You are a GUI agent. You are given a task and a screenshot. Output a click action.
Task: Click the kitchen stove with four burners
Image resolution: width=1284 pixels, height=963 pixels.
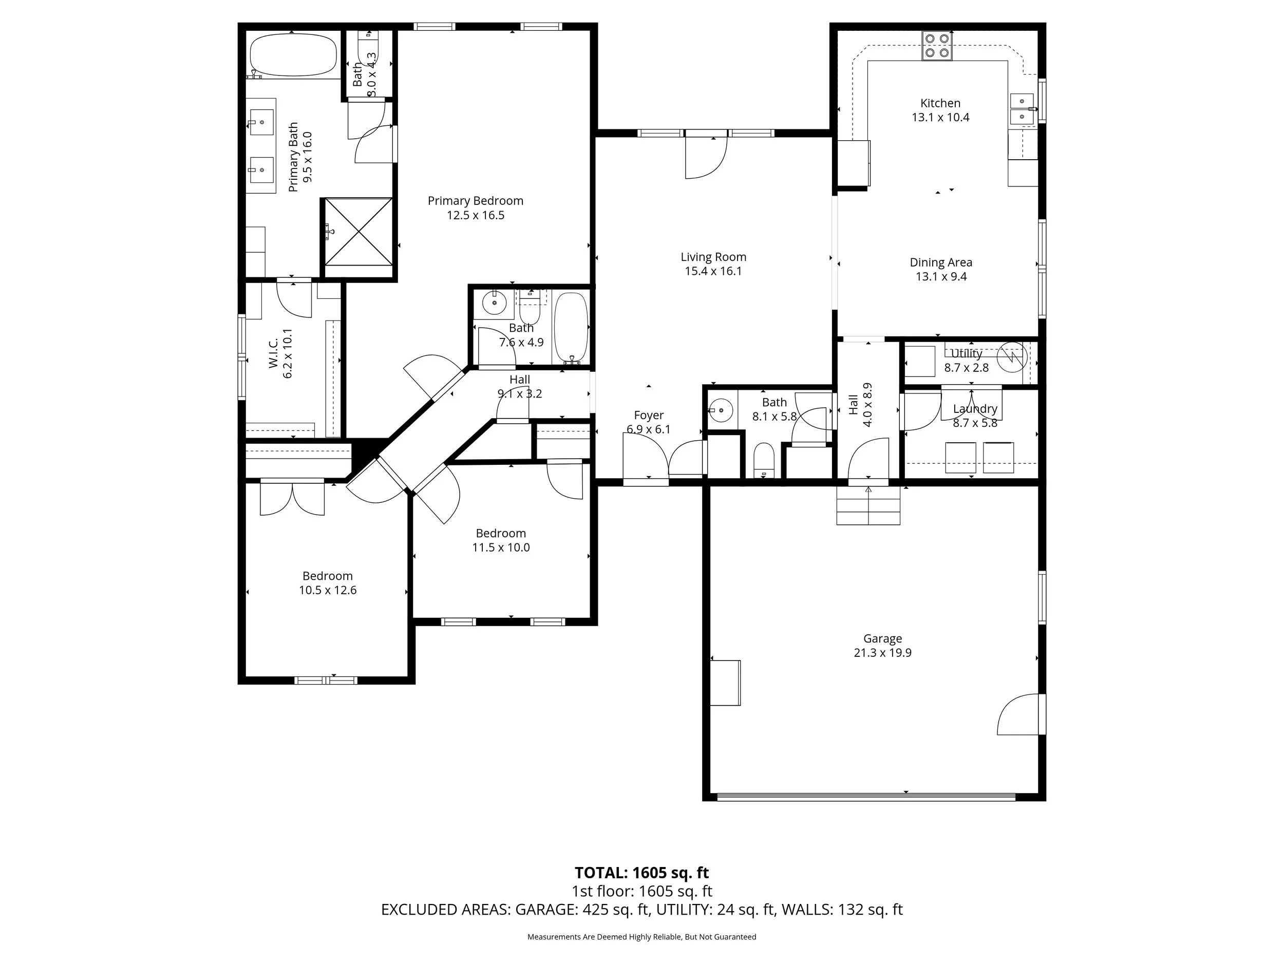[x=937, y=46]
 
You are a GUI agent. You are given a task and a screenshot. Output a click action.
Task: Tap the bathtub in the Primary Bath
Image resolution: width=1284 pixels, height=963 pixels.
[x=293, y=54]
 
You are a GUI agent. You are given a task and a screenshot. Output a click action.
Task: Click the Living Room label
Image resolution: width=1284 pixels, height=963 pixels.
[x=713, y=257]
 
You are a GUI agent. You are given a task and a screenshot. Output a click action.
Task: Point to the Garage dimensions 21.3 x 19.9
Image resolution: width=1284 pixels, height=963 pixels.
[x=882, y=652]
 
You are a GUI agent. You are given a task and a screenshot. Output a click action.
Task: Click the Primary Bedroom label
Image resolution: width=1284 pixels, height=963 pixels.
[x=476, y=201]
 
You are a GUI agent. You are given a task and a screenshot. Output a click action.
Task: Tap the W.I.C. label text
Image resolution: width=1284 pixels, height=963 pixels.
[x=273, y=353]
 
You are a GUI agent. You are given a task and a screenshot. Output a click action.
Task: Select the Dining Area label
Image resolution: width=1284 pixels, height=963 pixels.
[x=941, y=262]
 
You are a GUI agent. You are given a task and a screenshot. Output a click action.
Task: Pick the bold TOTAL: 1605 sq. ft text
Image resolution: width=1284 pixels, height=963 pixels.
[x=641, y=873]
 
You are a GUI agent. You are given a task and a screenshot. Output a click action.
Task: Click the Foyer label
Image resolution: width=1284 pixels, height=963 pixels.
[x=648, y=415]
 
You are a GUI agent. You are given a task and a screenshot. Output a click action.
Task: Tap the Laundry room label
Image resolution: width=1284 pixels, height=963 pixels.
[x=975, y=409]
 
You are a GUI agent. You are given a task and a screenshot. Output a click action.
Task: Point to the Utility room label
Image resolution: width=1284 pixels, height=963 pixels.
[x=967, y=353]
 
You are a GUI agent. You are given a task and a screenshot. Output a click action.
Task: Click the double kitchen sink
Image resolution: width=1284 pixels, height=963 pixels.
[x=1022, y=109]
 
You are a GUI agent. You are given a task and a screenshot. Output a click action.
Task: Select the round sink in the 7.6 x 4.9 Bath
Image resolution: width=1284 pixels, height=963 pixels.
[x=495, y=303]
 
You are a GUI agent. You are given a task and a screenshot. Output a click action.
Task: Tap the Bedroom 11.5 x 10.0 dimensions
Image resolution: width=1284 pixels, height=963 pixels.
[x=501, y=547]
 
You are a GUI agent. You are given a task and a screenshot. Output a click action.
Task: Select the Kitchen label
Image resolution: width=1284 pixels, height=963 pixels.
[x=940, y=103]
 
